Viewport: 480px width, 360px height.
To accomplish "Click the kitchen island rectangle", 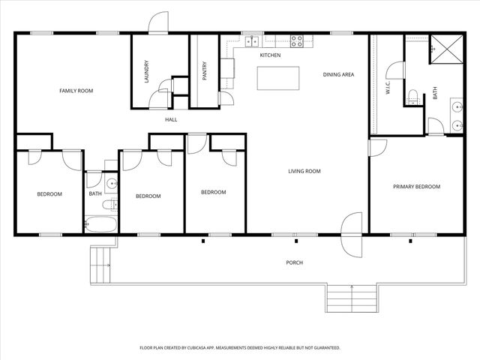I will point(277,78).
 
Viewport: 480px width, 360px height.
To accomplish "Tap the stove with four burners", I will point(297,41).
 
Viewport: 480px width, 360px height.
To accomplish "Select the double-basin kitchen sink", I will point(252,41).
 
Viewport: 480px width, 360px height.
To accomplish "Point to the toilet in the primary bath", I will point(412,96).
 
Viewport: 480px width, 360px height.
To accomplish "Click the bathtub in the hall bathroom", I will point(100,223).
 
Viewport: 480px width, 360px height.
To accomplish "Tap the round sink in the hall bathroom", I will point(111,182).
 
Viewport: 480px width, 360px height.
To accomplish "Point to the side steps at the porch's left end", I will point(100,264).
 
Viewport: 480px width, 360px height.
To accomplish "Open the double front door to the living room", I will point(351,233).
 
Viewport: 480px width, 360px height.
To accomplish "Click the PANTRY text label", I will point(204,70).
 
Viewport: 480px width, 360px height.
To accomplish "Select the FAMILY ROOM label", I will point(76,91).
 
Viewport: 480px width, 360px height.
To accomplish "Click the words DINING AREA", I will point(338,74).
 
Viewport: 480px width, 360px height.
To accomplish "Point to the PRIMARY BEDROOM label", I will point(416,187).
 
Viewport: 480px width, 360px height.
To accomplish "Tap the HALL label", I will point(171,119).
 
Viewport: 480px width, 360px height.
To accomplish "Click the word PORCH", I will point(294,262).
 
